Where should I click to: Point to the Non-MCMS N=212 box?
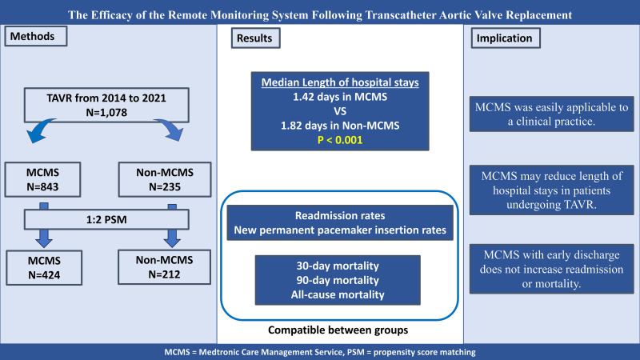click(x=156, y=266)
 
